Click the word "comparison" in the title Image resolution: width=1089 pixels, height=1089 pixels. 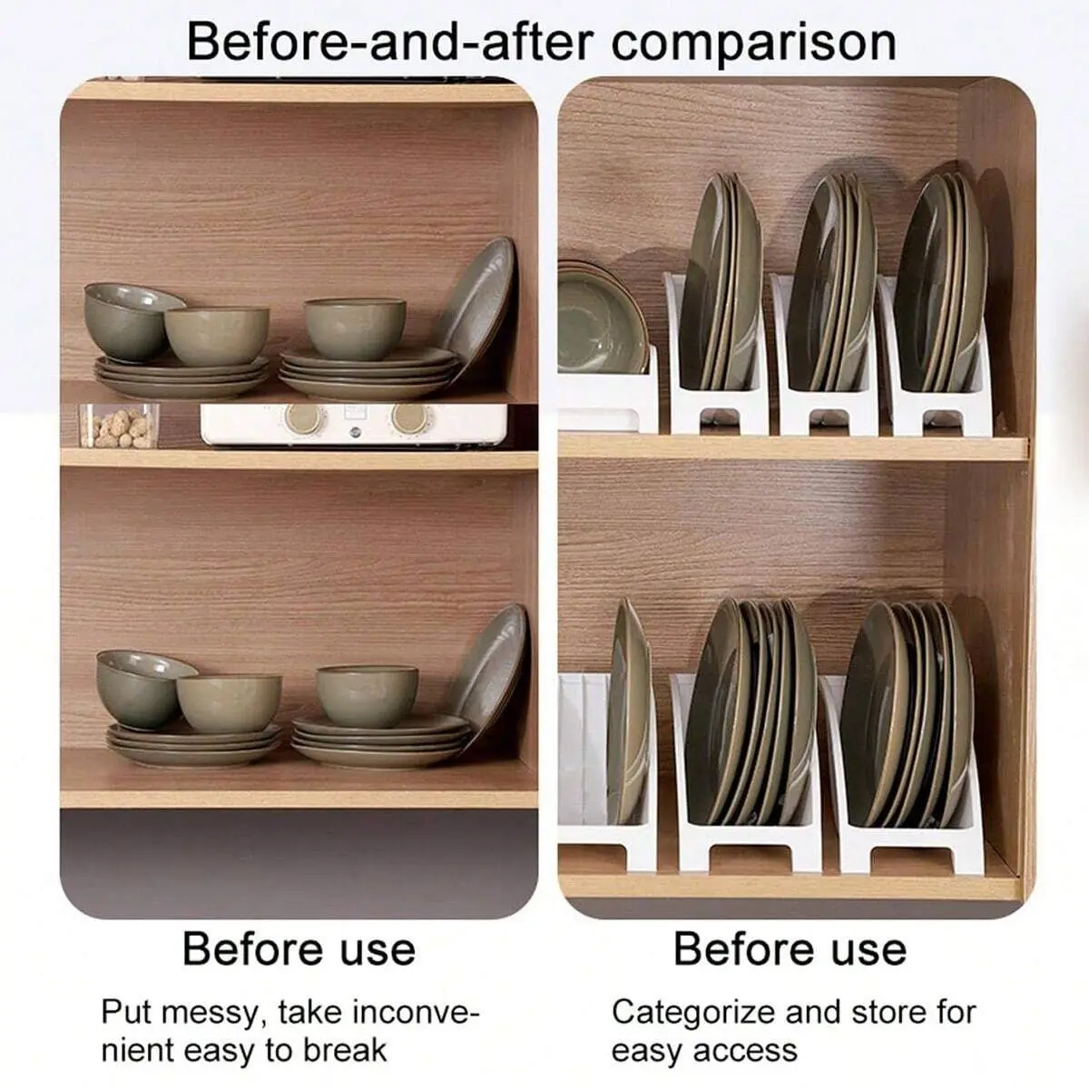[753, 42]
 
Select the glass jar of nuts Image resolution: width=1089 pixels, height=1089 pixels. [119, 426]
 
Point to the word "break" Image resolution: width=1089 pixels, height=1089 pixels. [345, 1051]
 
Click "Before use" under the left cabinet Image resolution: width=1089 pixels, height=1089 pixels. [299, 949]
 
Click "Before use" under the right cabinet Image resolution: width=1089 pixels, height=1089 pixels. [790, 949]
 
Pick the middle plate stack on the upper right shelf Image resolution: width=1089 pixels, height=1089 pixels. [829, 286]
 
